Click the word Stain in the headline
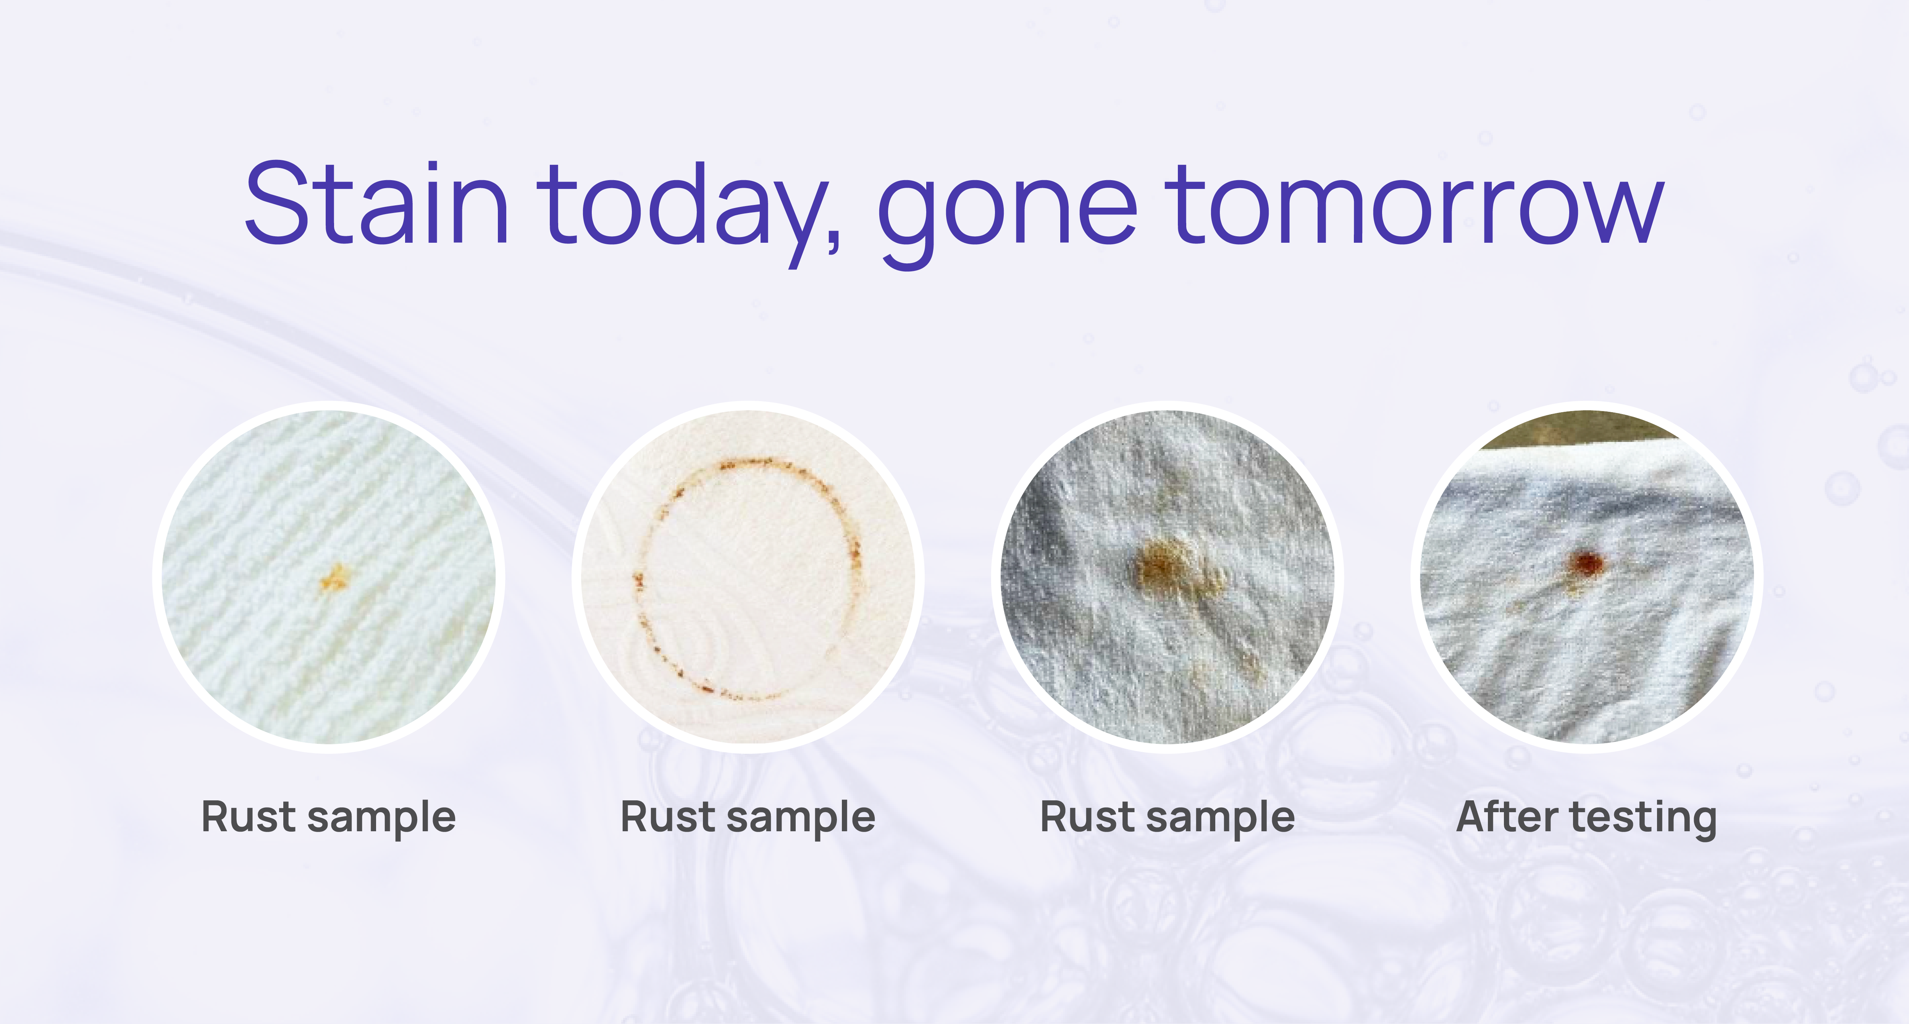376,202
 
